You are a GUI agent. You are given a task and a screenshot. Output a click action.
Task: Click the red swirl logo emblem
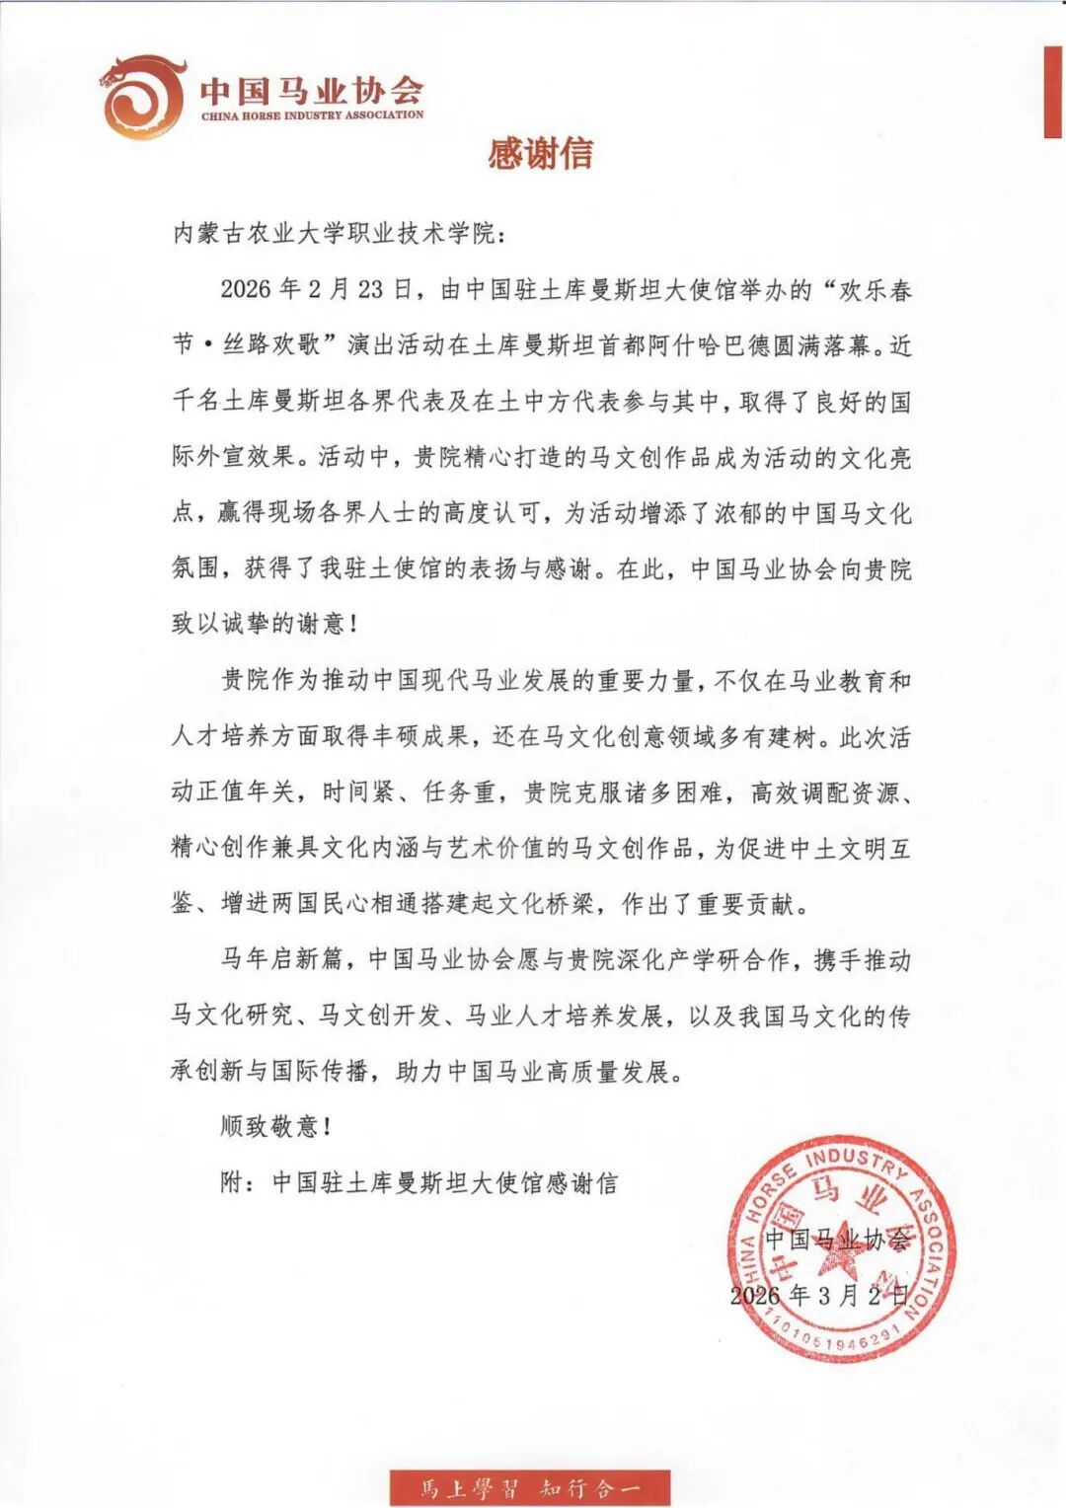click(143, 97)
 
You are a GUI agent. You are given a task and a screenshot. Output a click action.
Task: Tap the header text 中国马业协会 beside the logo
click(312, 91)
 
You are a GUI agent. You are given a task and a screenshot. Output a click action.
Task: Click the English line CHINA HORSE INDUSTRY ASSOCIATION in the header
click(312, 115)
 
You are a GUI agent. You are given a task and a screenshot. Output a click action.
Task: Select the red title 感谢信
click(541, 153)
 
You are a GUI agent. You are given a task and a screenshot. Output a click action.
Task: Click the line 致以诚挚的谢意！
click(264, 624)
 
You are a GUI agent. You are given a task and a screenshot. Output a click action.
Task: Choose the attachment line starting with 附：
click(419, 1182)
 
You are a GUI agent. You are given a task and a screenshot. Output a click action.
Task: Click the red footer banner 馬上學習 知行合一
click(530, 1486)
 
